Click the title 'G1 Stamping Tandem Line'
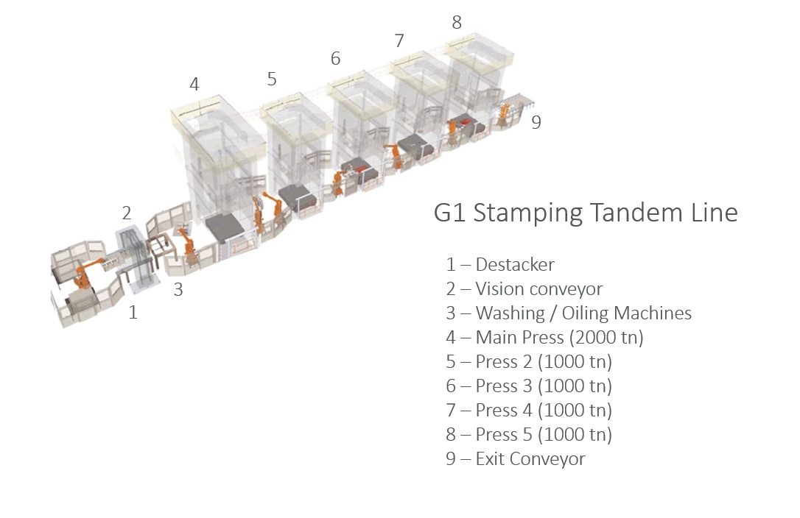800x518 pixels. (586, 213)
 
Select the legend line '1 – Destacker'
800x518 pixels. (500, 265)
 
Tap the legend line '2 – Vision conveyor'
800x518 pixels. (524, 289)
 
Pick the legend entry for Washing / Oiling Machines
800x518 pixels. (569, 313)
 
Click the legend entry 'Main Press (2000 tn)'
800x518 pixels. (545, 338)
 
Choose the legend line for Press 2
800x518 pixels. (529, 362)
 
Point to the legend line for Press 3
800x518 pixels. (529, 386)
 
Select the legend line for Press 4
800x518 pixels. (529, 411)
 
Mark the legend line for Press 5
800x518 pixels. (529, 434)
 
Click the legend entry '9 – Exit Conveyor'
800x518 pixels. (516, 459)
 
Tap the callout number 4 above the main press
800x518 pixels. (194, 84)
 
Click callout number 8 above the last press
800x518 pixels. (457, 22)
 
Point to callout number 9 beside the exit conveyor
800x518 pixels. (536, 122)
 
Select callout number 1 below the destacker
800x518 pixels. (133, 312)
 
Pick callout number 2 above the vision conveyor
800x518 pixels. (127, 213)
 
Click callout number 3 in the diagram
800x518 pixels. (178, 290)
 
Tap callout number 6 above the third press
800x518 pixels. (335, 59)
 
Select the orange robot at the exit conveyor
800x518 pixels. (504, 115)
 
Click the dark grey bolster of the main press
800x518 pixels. (225, 227)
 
